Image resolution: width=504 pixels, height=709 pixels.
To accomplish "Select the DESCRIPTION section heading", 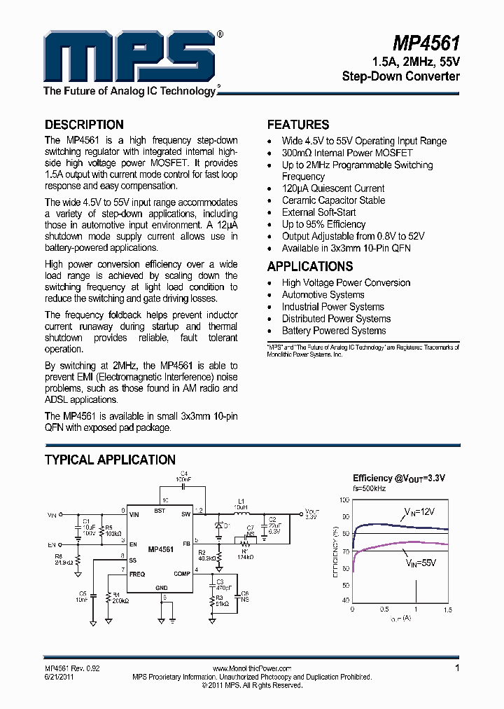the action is (84, 125).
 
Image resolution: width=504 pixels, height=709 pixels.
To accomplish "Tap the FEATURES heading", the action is (298, 125).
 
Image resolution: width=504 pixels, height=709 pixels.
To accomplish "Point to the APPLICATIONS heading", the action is (310, 266).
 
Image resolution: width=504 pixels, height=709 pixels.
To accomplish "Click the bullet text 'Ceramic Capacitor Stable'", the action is (333, 200).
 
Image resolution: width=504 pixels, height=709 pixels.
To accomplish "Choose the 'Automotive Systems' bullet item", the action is (323, 295).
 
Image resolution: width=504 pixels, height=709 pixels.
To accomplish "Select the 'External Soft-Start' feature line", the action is (318, 212).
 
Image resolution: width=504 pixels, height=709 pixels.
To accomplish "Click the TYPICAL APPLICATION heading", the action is (110, 460).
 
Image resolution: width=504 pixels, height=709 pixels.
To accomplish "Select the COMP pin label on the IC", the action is (181, 574).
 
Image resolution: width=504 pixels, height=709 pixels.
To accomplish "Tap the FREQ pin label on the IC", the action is (136, 574).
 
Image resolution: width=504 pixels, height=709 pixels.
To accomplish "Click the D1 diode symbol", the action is (218, 526).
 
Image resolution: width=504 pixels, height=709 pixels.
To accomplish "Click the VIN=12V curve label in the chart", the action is (419, 514).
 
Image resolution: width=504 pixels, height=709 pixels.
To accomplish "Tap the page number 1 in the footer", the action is (457, 668).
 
